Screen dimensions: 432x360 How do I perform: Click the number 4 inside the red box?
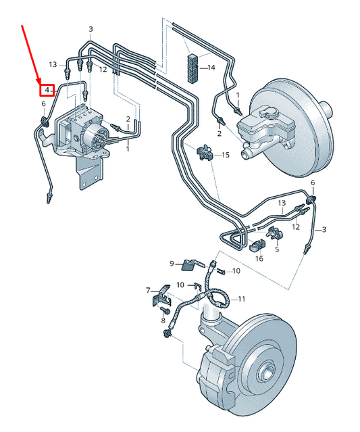pyautogui.click(x=47, y=89)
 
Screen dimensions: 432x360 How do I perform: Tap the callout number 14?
pyautogui.click(x=211, y=68)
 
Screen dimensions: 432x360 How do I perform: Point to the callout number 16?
pyautogui.click(x=259, y=258)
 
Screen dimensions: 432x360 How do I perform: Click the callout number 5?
pyautogui.click(x=277, y=249)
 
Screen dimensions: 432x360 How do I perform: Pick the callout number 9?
pyautogui.click(x=172, y=263)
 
